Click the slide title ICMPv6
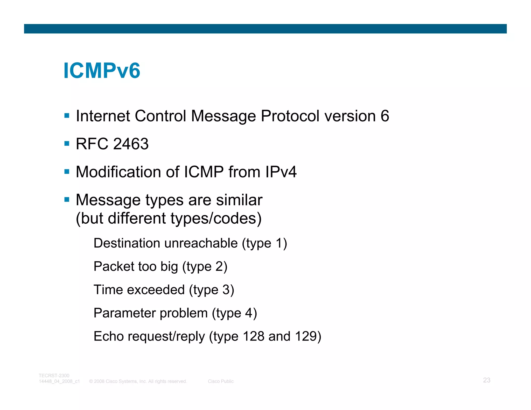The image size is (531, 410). click(x=102, y=70)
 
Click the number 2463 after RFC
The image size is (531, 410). click(x=131, y=144)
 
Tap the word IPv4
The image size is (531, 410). click(x=281, y=172)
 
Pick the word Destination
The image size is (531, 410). click(x=127, y=243)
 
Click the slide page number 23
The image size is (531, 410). click(x=486, y=380)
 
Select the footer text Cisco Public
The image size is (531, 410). click(x=221, y=381)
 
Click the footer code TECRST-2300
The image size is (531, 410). click(x=54, y=376)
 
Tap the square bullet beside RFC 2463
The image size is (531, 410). click(x=67, y=143)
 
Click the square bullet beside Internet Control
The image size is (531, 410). click(x=67, y=116)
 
